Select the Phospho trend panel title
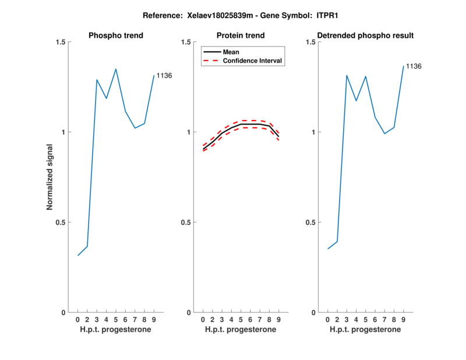coord(116,36)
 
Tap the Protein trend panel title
coord(241,36)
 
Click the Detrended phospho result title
coord(365,36)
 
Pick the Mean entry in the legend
coord(231,52)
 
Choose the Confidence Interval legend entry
coord(253,61)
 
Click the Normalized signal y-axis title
coord(50,177)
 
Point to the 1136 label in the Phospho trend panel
coord(164,76)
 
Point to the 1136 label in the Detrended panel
coord(414,66)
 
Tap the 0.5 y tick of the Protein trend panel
coord(186,223)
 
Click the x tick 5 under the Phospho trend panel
coord(116,320)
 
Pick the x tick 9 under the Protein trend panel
coord(278,320)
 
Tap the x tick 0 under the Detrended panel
coord(327,320)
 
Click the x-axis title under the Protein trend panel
coord(241,330)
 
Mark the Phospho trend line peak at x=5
coord(116,69)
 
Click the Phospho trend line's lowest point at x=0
coord(78,255)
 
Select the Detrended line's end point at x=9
coord(403,66)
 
